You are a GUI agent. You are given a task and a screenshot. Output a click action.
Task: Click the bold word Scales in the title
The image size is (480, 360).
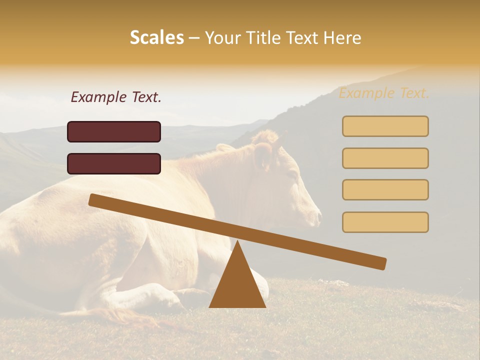157,37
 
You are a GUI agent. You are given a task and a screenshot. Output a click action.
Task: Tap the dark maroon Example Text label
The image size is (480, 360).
116,97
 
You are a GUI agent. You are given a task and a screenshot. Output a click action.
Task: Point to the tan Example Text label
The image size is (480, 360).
384,93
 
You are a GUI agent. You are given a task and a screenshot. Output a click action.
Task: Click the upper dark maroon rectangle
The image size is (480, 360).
114,131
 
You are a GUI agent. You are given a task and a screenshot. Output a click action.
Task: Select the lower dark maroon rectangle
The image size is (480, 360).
114,163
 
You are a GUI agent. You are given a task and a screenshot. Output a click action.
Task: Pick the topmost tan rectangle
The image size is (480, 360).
385,126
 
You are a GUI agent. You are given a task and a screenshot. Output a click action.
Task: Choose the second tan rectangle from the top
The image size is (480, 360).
385,158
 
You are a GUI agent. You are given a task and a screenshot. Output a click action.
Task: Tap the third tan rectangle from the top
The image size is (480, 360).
385,189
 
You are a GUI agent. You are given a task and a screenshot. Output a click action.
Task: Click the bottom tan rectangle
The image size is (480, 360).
385,222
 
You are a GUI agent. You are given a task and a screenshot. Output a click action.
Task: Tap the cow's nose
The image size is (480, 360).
318,216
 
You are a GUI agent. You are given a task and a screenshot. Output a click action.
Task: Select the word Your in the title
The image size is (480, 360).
222,37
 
